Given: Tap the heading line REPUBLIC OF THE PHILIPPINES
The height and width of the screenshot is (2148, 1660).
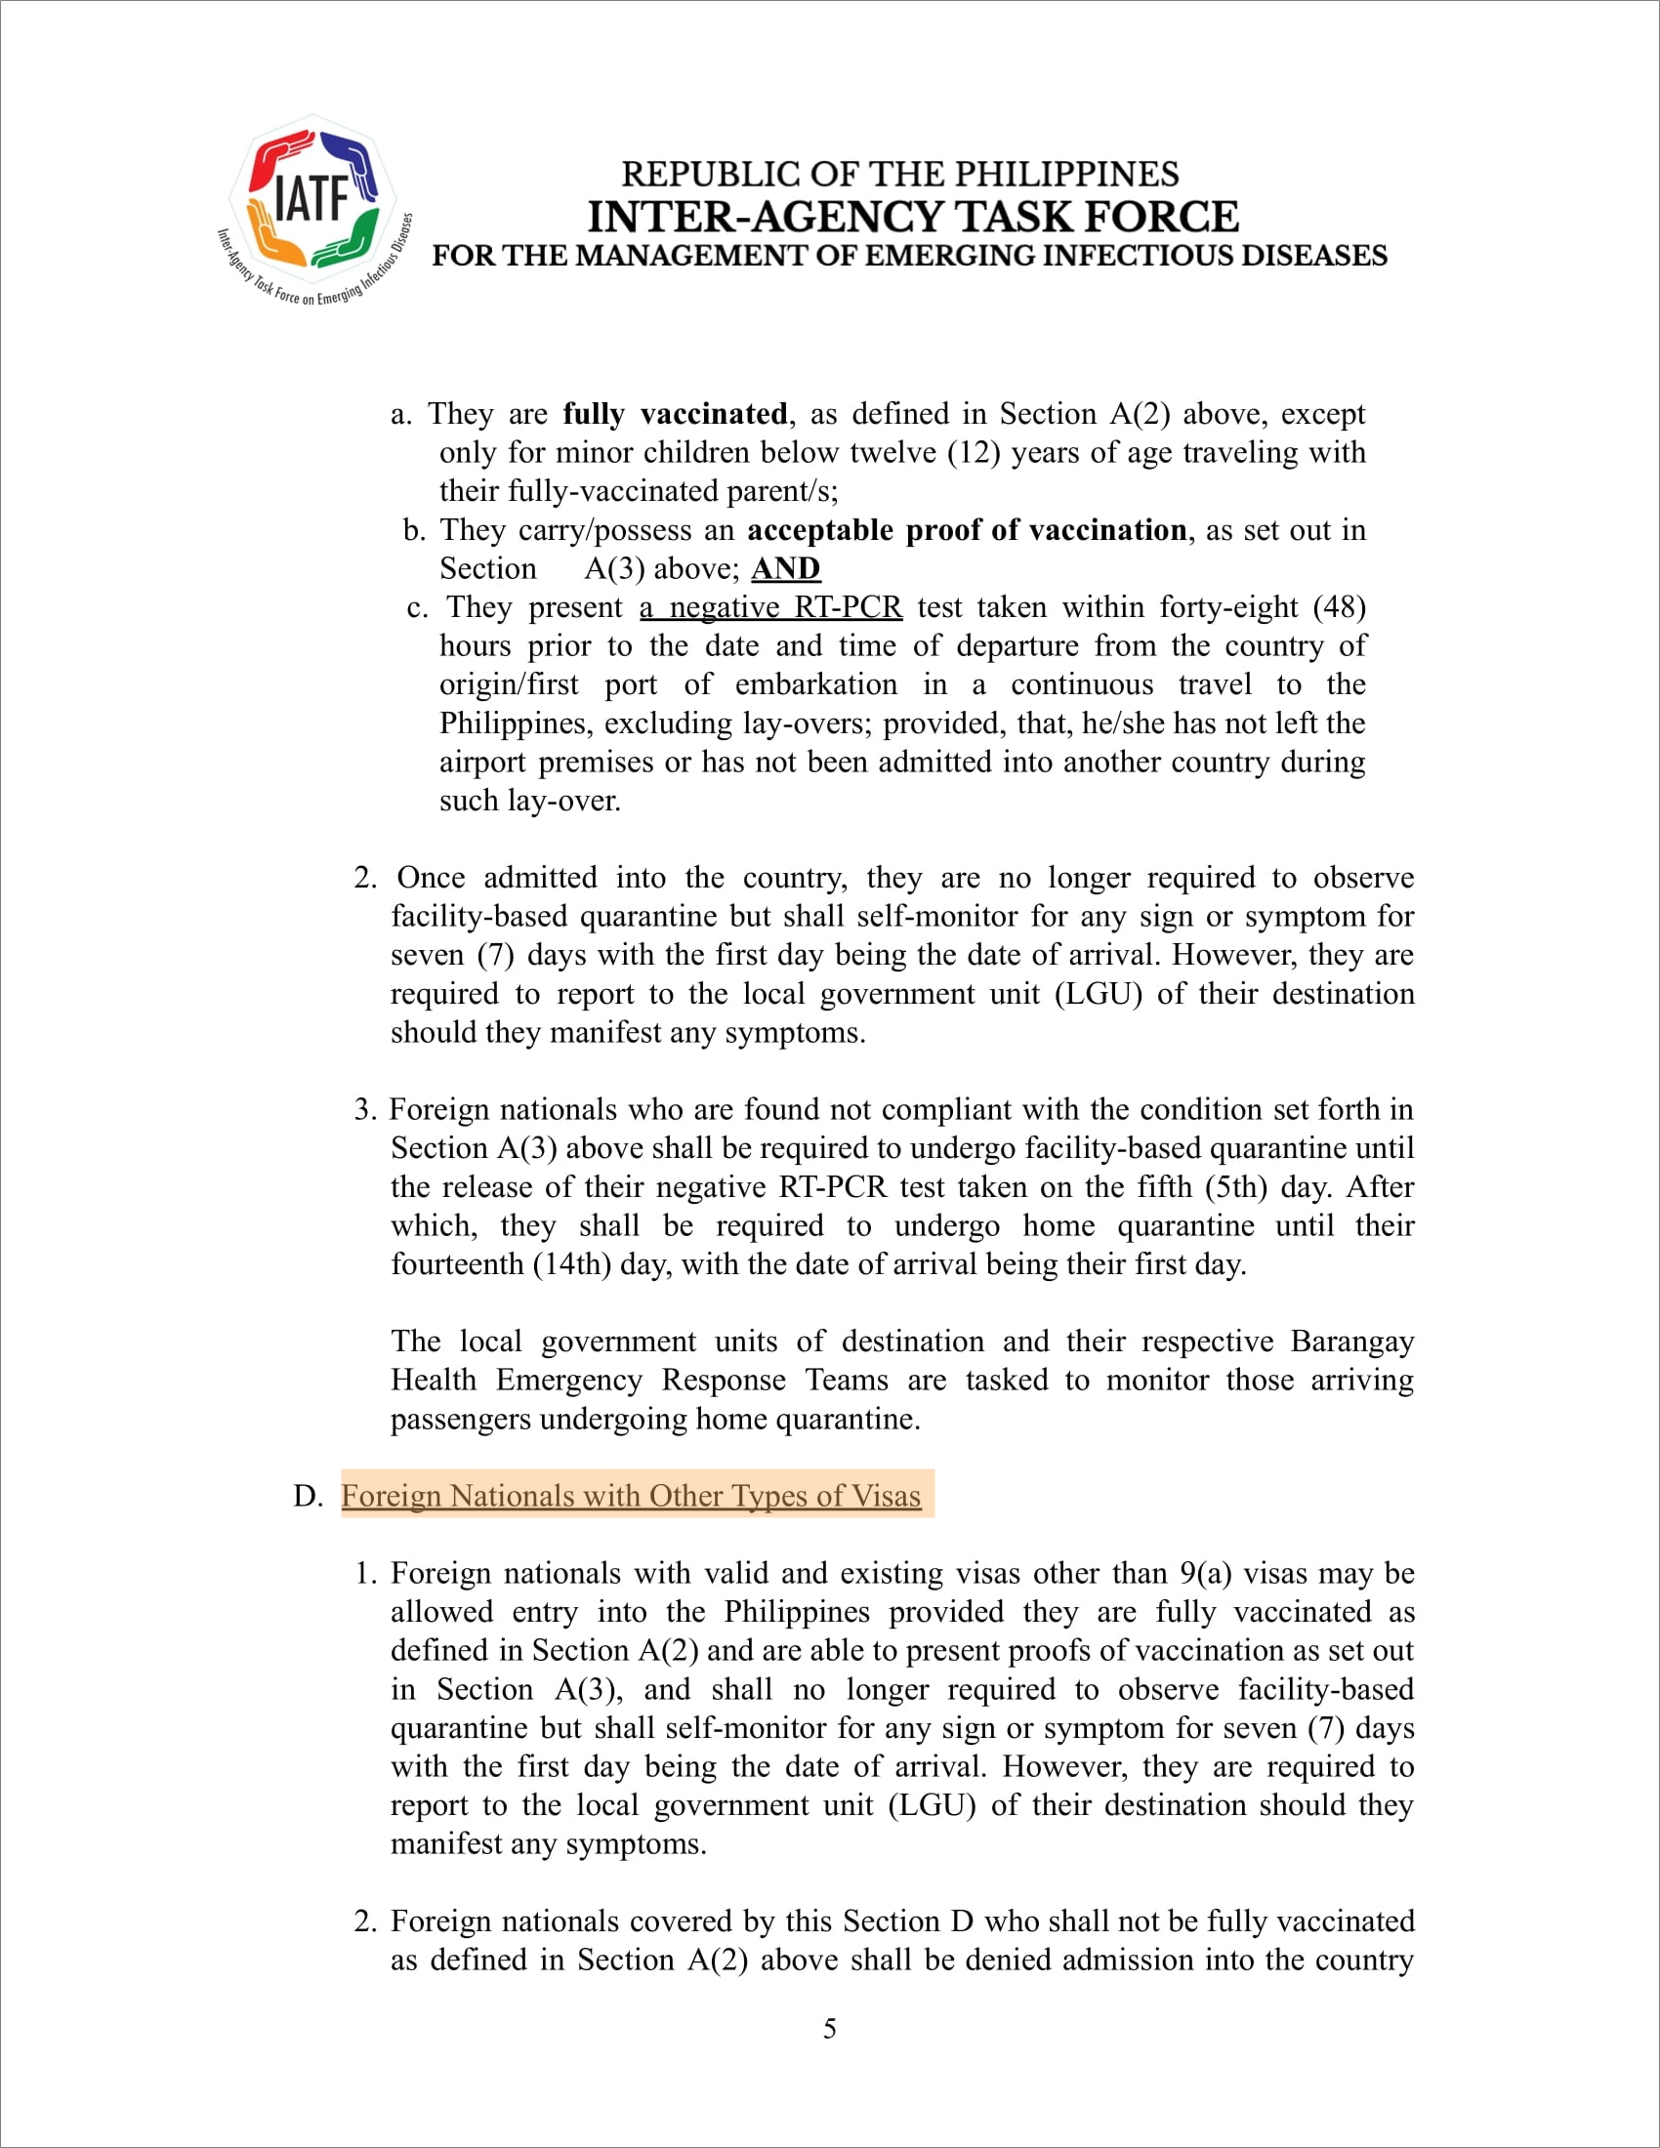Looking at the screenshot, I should [x=900, y=174].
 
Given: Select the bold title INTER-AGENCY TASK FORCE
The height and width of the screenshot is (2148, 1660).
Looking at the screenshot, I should [x=913, y=217].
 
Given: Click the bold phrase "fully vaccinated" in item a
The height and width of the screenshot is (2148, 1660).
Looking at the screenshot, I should [x=675, y=414].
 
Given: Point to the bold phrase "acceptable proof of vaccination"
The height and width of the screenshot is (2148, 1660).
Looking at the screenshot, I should [x=967, y=530].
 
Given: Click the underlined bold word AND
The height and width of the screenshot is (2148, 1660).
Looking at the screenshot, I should [x=786, y=569].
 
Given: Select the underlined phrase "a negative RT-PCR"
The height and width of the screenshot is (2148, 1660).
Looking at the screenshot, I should [x=771, y=608].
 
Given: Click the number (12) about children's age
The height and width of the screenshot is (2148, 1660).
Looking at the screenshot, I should [x=974, y=452].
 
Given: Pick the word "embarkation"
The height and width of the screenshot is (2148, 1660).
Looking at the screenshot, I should [x=816, y=684].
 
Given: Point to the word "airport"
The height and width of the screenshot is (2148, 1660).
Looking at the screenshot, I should [x=483, y=763].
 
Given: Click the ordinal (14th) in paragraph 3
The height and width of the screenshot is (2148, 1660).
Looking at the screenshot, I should [x=571, y=1263].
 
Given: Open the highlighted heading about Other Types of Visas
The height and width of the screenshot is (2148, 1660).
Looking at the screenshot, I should [x=632, y=1496].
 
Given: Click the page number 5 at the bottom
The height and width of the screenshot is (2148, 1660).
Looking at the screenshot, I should [x=830, y=2029].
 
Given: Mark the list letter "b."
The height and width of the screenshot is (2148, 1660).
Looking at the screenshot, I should [x=414, y=531].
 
